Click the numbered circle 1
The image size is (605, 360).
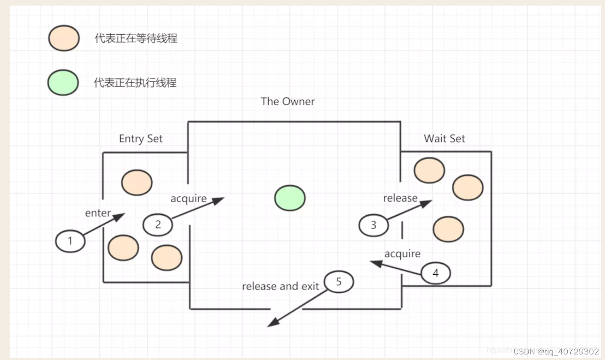(70, 241)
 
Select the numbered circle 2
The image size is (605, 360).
(157, 224)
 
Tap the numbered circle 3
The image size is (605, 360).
(374, 225)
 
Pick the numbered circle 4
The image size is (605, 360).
(436, 273)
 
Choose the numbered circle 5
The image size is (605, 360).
(338, 282)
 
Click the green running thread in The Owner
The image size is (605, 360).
(290, 198)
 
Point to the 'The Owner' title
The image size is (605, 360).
(288, 101)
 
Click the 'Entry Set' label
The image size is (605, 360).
(140, 139)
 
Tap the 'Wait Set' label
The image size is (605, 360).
(444, 139)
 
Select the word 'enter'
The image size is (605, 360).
(98, 213)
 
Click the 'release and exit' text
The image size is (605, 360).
(280, 286)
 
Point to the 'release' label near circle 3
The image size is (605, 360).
(400, 198)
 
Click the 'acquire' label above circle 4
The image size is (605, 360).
(402, 254)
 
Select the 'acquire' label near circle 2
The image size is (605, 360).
(188, 199)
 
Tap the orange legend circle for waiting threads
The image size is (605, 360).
(64, 38)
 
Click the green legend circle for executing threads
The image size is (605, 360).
(63, 82)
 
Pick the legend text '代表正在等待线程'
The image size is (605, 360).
(136, 39)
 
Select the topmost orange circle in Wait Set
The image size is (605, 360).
(429, 170)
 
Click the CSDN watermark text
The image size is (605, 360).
(556, 351)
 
